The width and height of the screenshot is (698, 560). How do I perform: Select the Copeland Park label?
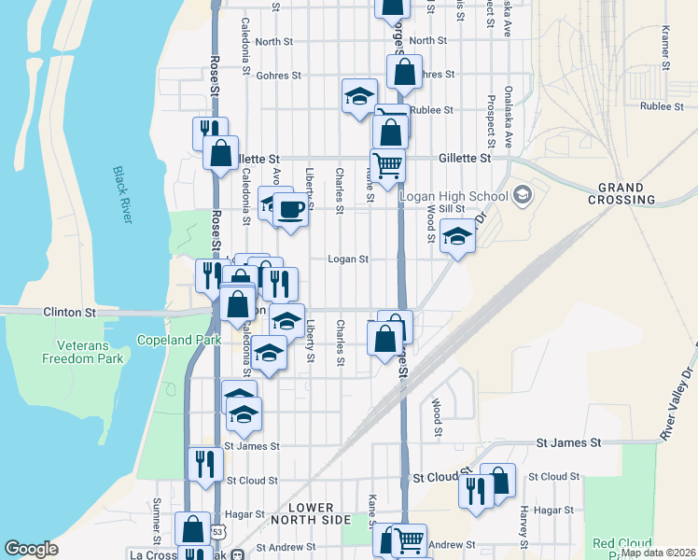(x=180, y=340)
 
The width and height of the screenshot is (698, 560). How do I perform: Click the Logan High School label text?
(x=454, y=195)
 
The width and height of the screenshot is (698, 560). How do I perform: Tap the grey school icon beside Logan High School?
(x=522, y=194)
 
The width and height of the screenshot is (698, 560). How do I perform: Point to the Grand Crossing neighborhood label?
(x=621, y=193)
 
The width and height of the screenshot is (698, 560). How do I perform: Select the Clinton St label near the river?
(x=70, y=313)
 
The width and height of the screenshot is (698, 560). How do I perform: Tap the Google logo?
(x=31, y=549)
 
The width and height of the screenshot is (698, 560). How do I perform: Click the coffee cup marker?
(x=290, y=210)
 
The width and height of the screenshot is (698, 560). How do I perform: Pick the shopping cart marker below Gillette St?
(x=387, y=165)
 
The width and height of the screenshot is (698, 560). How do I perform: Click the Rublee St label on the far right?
(x=658, y=106)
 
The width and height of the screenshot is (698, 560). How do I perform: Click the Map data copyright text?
(x=658, y=553)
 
